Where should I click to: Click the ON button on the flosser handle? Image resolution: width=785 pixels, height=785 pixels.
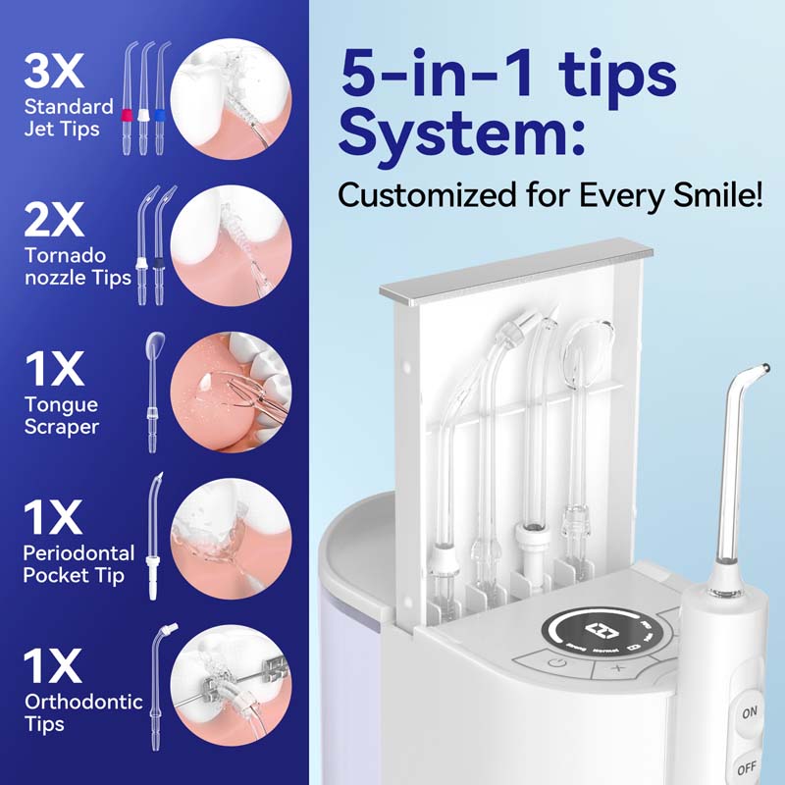tap(749, 712)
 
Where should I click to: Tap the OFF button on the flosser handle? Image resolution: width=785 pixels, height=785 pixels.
tap(747, 766)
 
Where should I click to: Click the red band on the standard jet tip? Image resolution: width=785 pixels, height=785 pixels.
tap(128, 116)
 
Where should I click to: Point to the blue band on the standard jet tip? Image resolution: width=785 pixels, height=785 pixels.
tap(160, 116)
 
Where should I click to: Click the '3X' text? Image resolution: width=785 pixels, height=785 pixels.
tap(54, 71)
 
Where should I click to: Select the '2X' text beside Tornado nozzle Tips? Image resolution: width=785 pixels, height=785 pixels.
tap(54, 220)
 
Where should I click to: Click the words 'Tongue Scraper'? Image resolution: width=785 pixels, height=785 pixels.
tap(61, 415)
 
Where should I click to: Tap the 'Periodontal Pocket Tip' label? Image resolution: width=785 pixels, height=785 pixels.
tap(78, 564)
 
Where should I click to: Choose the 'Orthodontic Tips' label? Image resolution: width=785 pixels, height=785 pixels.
tap(83, 712)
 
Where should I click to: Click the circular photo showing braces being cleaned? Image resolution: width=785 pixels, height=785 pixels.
tap(231, 685)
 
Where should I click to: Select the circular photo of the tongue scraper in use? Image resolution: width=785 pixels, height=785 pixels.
tap(231, 392)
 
